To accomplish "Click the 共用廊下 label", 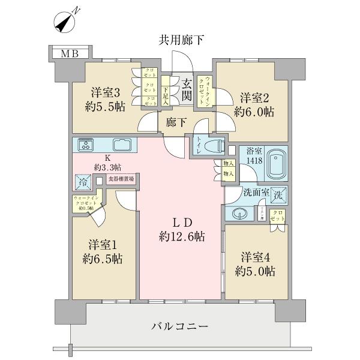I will click(181, 41).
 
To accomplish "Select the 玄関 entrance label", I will click(187, 89).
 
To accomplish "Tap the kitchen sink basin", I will click(122, 145).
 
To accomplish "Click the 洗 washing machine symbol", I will click(277, 195).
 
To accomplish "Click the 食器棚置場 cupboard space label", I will click(121, 179).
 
